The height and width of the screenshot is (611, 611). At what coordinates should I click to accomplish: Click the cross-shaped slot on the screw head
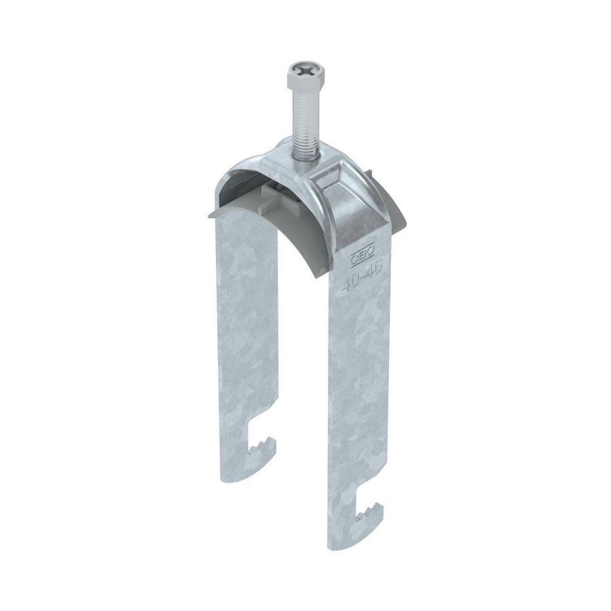click(x=302, y=68)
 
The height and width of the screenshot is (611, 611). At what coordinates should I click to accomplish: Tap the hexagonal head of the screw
click(x=302, y=75)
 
